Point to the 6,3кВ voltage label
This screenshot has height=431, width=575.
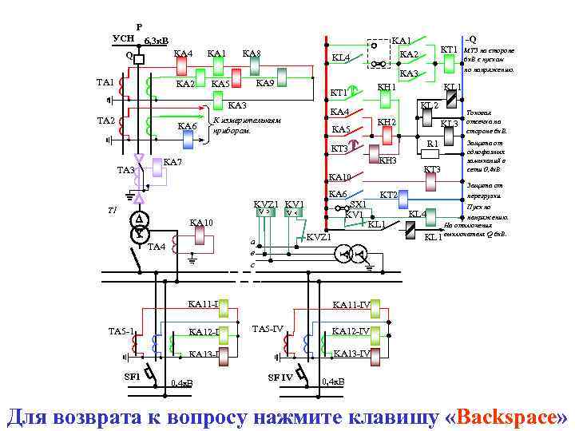coord(156,42)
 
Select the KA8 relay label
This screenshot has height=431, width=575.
coord(252,54)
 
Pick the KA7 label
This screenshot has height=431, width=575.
coord(172,163)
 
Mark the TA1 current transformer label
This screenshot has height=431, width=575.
coord(105,82)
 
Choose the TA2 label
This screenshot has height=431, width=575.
coord(105,121)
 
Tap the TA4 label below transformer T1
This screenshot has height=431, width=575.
coord(157,247)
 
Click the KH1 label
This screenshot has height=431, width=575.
coord(387,86)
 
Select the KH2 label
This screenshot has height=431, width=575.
coord(387,122)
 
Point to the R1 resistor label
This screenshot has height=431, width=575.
coord(431,144)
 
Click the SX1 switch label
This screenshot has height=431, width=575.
coord(358,204)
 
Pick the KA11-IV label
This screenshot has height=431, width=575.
coord(351,304)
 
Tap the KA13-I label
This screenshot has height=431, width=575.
coord(204,354)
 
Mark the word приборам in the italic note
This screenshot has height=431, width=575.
coord(227,129)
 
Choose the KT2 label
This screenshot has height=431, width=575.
coord(388,196)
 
